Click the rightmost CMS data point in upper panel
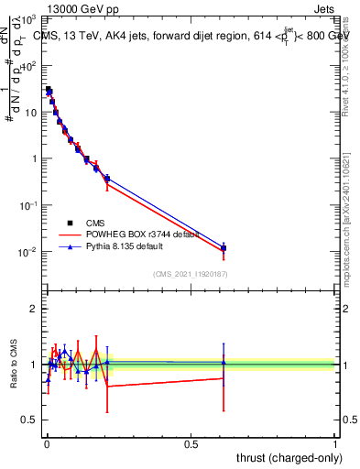click(224, 248)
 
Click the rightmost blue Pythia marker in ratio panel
click(224, 363)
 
